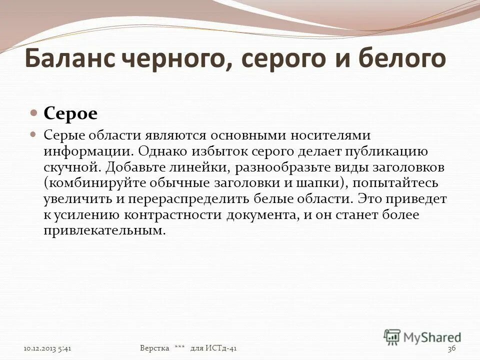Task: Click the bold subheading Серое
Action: pos(70,113)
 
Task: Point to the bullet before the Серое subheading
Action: pos(34,113)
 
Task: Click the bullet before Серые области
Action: pos(34,135)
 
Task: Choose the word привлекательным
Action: pos(104,231)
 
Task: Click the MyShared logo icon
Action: pos(392,336)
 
